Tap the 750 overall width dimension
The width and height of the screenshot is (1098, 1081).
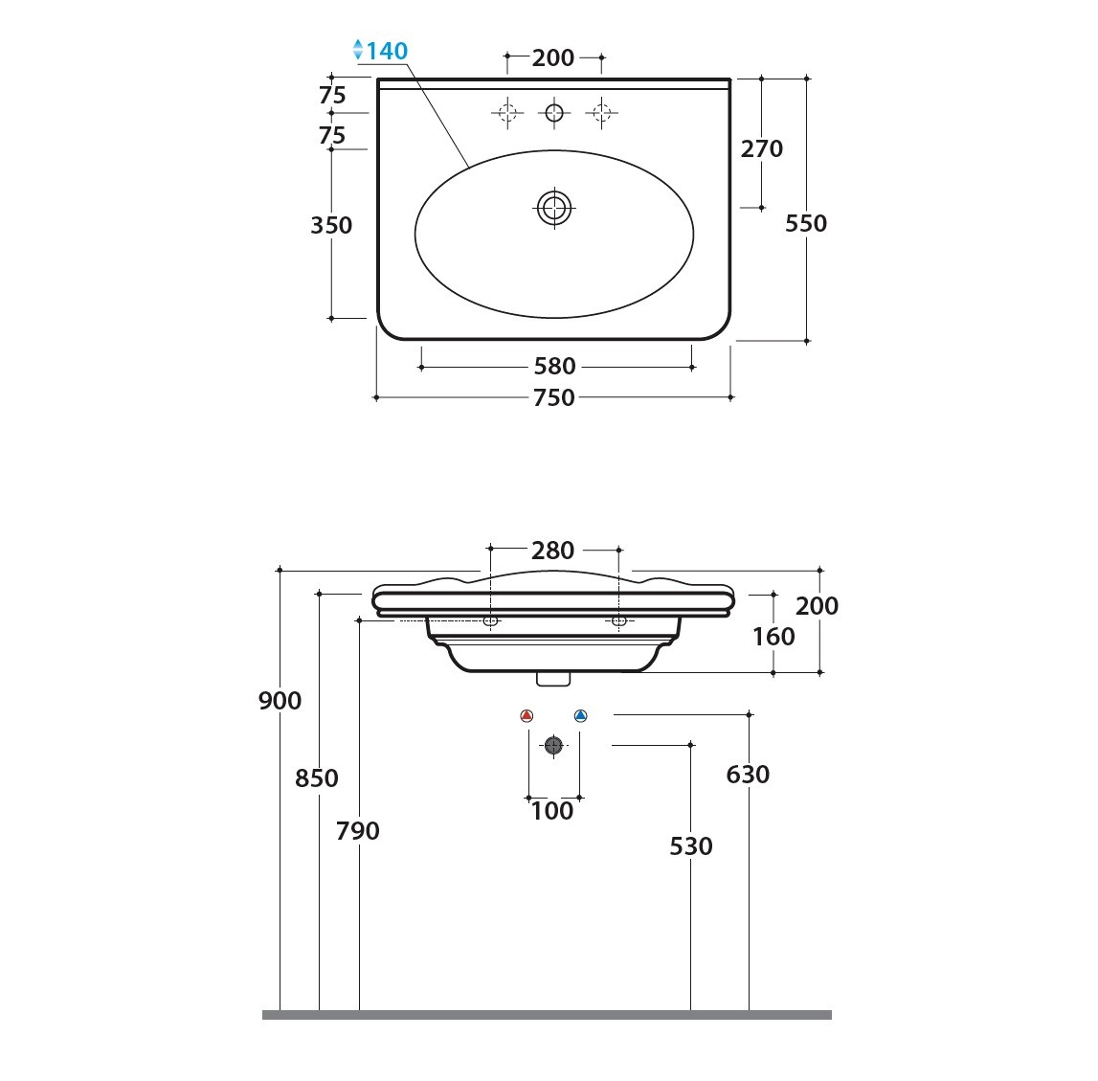[x=554, y=397]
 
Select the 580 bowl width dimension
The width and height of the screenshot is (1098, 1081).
[x=554, y=366]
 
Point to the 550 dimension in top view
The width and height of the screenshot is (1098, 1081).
[x=806, y=223]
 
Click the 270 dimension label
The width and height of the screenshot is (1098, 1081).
[x=762, y=148]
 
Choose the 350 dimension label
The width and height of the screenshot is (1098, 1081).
[x=331, y=225]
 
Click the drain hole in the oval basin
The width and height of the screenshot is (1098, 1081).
[x=554, y=208]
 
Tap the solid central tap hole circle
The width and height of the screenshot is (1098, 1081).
[x=554, y=112]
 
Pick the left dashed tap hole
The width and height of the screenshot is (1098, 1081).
[x=507, y=112]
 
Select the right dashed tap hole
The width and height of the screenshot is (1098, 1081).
[x=601, y=112]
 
